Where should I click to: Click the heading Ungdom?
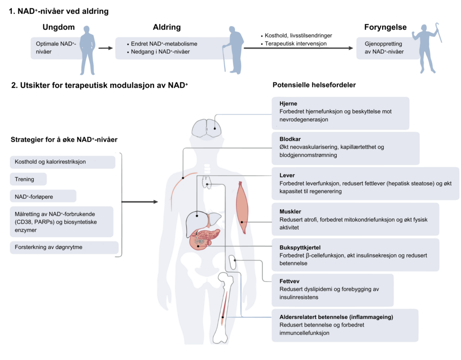point(59,27)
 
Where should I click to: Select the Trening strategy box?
point(28,179)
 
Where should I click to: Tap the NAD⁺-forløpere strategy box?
point(43,196)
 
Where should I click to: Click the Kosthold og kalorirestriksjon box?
point(62,162)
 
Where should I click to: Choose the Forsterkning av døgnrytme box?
point(63,247)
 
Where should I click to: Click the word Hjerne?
point(288,104)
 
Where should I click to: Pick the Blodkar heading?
point(289,139)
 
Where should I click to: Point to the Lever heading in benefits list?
point(287,175)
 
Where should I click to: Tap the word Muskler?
point(290,211)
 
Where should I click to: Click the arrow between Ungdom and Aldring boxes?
point(105,48)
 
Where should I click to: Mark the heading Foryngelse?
point(385,27)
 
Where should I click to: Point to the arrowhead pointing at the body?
point(156,202)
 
